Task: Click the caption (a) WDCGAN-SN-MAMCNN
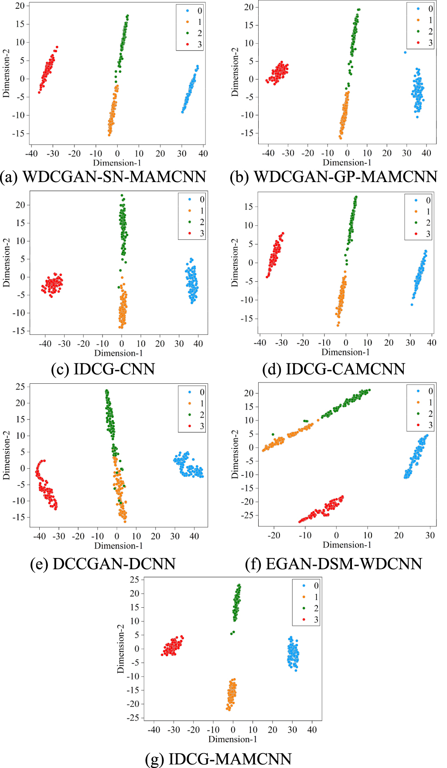pyautogui.click(x=103, y=177)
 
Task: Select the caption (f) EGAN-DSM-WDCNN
pyautogui.click(x=334, y=564)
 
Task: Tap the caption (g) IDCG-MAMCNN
pyautogui.click(x=218, y=759)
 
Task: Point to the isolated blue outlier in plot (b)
pyautogui.click(x=405, y=52)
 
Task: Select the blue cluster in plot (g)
pyautogui.click(x=293, y=654)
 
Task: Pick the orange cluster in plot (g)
pyautogui.click(x=232, y=693)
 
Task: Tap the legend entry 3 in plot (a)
pyautogui.click(x=194, y=45)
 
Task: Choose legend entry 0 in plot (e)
pyautogui.click(x=196, y=392)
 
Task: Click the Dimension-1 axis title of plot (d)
pyautogui.click(x=345, y=352)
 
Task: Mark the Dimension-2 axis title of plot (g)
pyautogui.click(x=120, y=648)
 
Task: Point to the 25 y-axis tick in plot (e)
pyautogui.click(x=20, y=386)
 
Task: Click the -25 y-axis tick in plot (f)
pyautogui.click(x=248, y=515)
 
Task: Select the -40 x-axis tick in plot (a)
pyautogui.click(x=31, y=154)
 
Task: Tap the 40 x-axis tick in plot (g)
pyautogui.click(x=312, y=730)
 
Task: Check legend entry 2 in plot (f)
pyautogui.click(x=425, y=413)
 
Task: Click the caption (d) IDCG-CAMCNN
pyautogui.click(x=334, y=369)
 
